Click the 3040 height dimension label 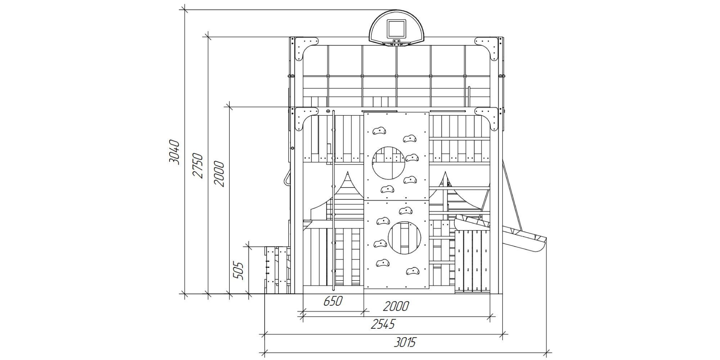pos(174,152)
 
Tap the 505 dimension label pos(238,270)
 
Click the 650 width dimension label pos(333,301)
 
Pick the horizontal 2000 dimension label pos(396,306)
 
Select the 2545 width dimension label pos(383,324)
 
